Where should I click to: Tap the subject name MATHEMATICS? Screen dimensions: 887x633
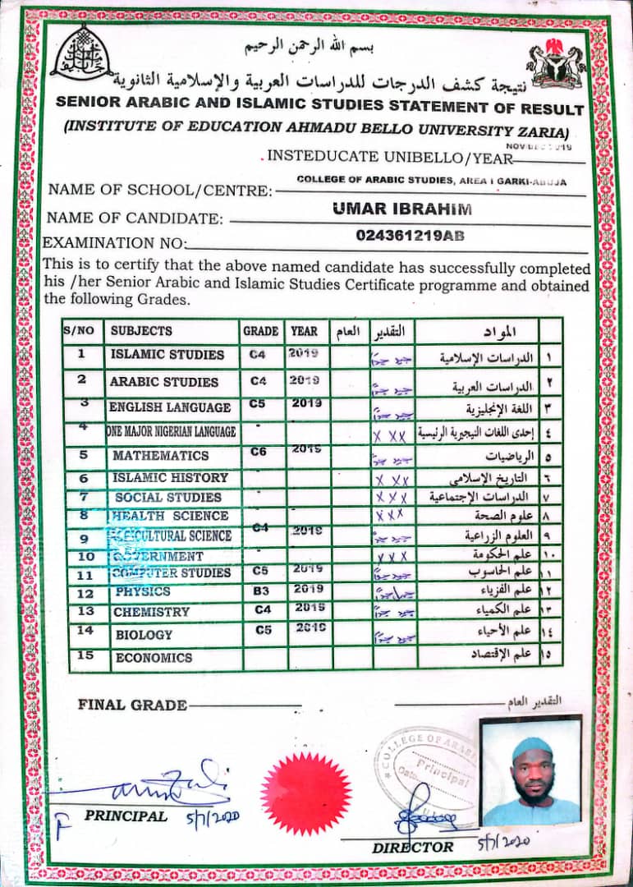coord(161,455)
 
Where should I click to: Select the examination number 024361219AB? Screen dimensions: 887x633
coord(411,236)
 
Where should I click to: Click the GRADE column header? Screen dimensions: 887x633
coord(260,331)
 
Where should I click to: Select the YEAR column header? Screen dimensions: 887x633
coord(304,331)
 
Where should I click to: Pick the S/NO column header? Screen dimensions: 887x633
coord(79,331)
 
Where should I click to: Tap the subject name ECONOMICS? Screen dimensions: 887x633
coord(154,658)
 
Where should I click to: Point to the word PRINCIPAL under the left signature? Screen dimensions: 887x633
coord(126,816)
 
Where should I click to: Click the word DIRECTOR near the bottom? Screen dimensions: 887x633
coord(412,847)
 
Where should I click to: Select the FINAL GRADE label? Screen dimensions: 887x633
coord(132,705)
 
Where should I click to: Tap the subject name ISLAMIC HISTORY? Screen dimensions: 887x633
coord(170,477)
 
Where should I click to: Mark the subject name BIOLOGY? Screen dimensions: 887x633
coord(144,634)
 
